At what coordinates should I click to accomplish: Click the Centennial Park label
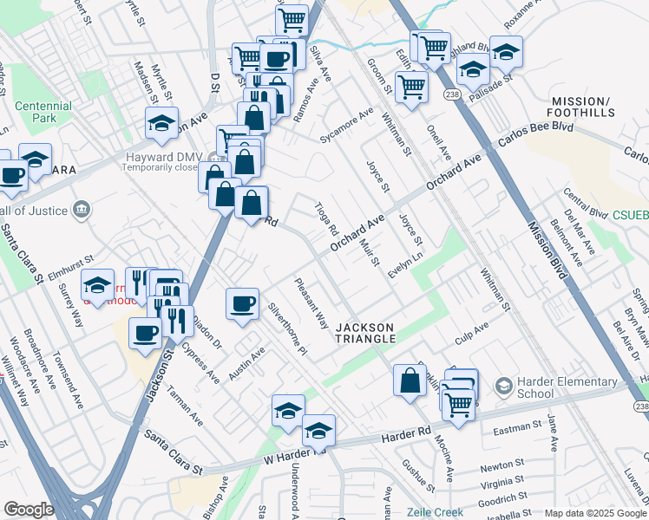[42, 111]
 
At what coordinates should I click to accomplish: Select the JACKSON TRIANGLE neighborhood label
[365, 334]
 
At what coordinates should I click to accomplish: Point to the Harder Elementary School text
[559, 387]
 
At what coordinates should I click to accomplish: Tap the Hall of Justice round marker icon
[81, 209]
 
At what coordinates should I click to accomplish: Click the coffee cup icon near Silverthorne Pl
[242, 303]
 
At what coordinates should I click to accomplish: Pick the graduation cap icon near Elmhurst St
[98, 285]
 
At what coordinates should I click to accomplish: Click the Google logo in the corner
[29, 510]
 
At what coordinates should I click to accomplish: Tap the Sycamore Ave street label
[345, 127]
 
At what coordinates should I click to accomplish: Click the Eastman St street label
[515, 431]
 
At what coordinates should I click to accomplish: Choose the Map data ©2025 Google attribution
[595, 513]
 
